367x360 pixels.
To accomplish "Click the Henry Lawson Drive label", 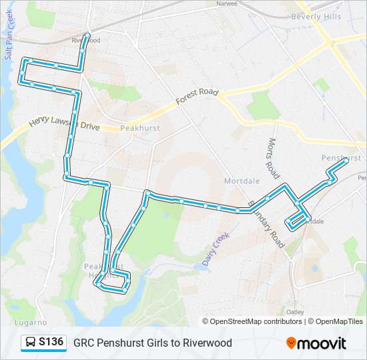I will click(64, 123).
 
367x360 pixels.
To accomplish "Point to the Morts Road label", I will click(272, 159).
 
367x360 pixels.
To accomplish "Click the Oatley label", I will click(295, 311).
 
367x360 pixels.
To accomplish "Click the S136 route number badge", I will click(51, 343).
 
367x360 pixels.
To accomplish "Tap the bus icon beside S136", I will click(31, 343).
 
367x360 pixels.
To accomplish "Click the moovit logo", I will click(316, 343).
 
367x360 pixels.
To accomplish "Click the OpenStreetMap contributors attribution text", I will click(254, 321).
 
